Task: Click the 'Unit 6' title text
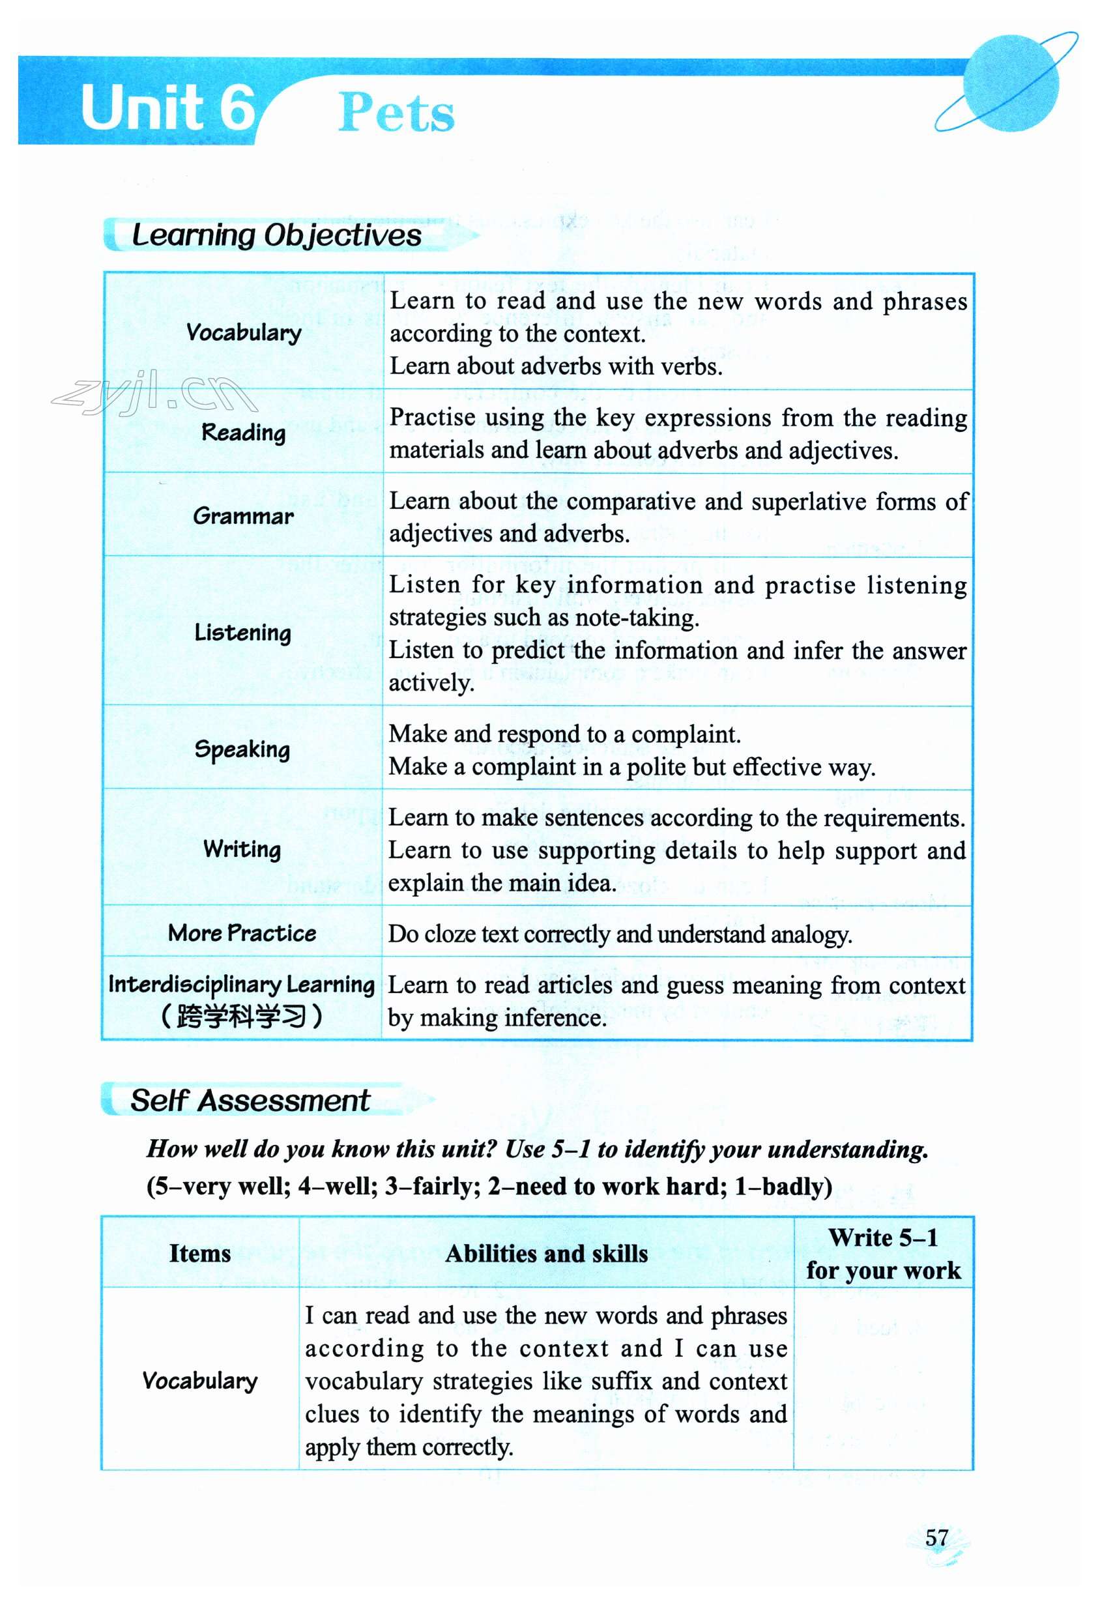point(167,108)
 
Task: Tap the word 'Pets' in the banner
point(396,113)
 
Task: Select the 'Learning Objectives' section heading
point(276,235)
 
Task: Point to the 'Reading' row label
point(243,432)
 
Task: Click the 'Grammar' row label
point(243,516)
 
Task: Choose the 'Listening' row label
point(242,632)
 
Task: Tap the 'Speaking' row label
point(242,749)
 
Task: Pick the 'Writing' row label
point(242,849)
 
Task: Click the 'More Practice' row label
point(242,933)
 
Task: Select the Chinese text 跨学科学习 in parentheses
point(242,1016)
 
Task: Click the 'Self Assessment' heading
point(250,1101)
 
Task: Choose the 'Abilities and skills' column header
point(546,1254)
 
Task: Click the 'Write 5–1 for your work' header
point(883,1254)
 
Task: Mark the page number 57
point(936,1537)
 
